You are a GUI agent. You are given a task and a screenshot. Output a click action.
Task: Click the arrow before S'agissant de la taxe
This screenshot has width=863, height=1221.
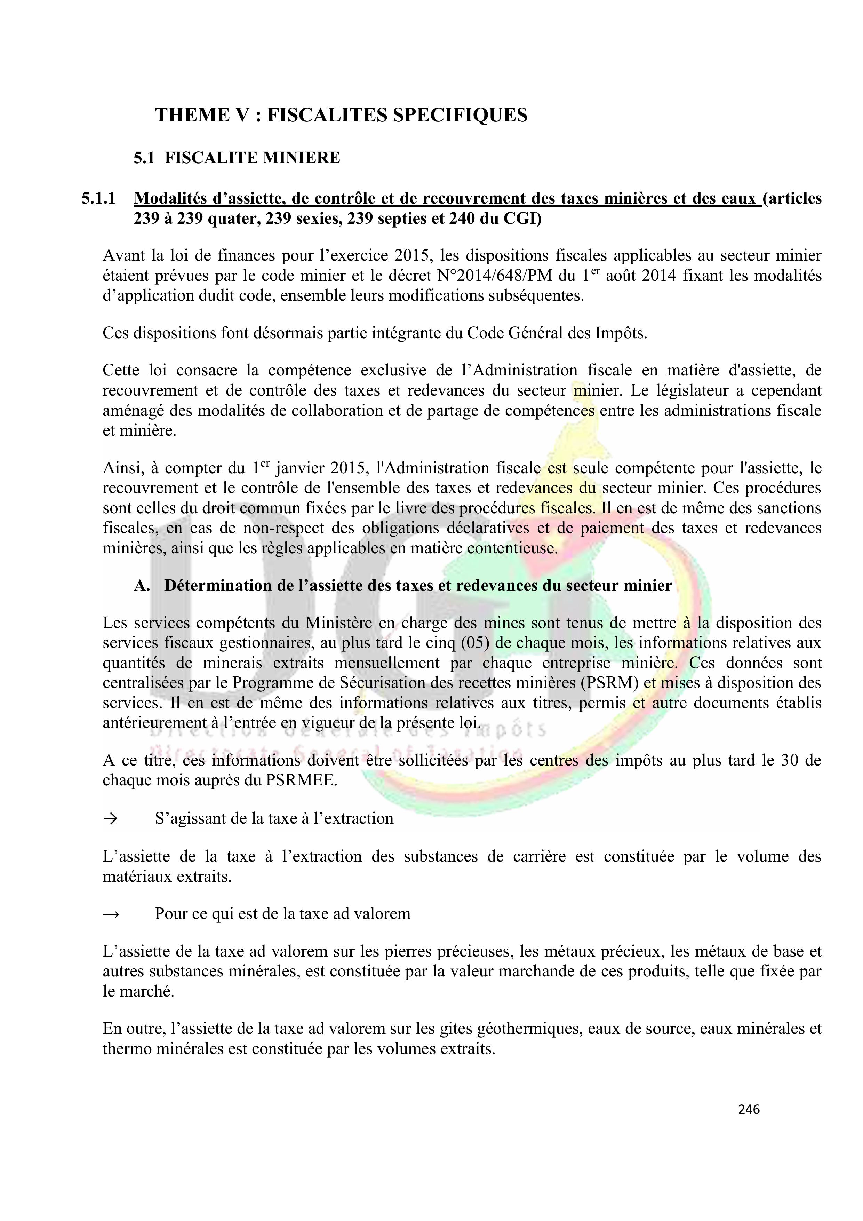(110, 818)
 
